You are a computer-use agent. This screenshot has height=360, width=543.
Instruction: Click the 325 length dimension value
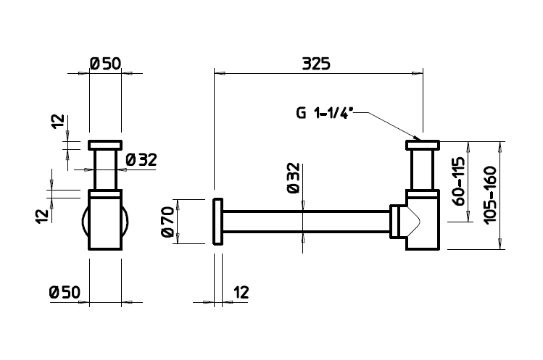point(316,64)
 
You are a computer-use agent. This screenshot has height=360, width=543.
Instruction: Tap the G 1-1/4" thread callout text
point(325,113)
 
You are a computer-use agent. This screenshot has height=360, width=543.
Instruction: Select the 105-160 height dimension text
point(490,195)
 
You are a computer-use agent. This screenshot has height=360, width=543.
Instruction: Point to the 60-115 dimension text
point(458,181)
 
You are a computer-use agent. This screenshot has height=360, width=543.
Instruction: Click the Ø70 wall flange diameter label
point(167,222)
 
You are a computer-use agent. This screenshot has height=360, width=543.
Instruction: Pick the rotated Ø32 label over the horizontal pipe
point(293,178)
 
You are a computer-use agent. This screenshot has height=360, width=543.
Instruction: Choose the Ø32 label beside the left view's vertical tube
point(141,159)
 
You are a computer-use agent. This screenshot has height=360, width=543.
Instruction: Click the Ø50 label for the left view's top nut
point(105,64)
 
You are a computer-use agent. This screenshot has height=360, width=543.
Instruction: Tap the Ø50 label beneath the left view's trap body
point(65,292)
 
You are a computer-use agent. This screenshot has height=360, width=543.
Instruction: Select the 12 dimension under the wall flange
point(241,293)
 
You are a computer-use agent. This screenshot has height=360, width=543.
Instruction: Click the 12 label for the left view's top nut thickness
point(59,121)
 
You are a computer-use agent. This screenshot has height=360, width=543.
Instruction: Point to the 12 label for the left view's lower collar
point(42,216)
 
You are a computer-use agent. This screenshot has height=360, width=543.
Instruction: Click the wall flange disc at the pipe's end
point(217,222)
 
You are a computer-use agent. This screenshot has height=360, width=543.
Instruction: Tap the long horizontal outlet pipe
point(306,222)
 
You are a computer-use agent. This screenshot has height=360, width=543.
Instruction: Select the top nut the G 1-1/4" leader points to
point(423,145)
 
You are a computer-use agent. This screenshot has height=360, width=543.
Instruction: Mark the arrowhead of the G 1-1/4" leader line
point(419,139)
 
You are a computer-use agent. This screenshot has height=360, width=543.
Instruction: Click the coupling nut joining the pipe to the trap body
point(395,222)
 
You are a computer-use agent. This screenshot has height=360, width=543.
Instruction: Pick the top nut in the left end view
point(105,145)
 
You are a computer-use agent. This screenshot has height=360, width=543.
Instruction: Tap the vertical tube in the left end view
point(105,170)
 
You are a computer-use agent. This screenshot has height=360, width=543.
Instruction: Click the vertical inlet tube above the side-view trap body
point(423,170)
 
